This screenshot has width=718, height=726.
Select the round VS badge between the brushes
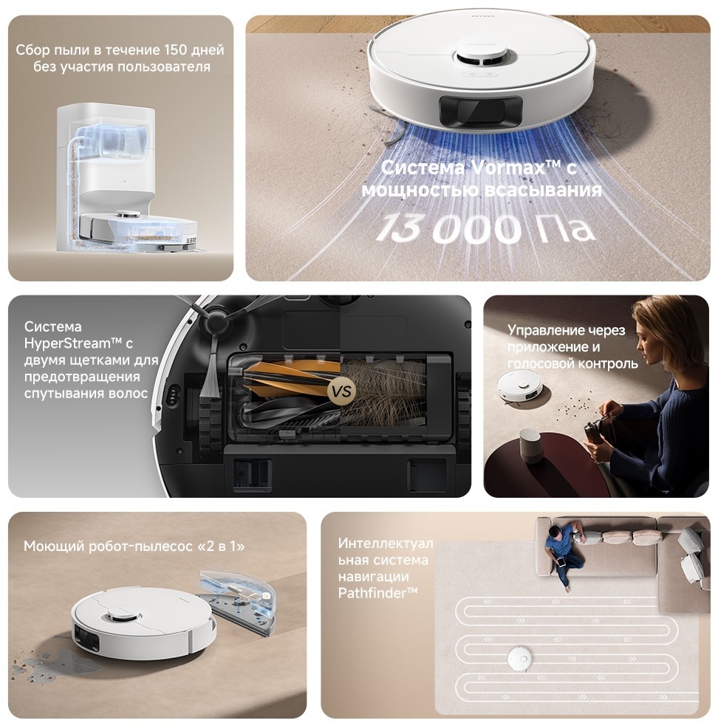coord(341,391)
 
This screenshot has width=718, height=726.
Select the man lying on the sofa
coord(563,551)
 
